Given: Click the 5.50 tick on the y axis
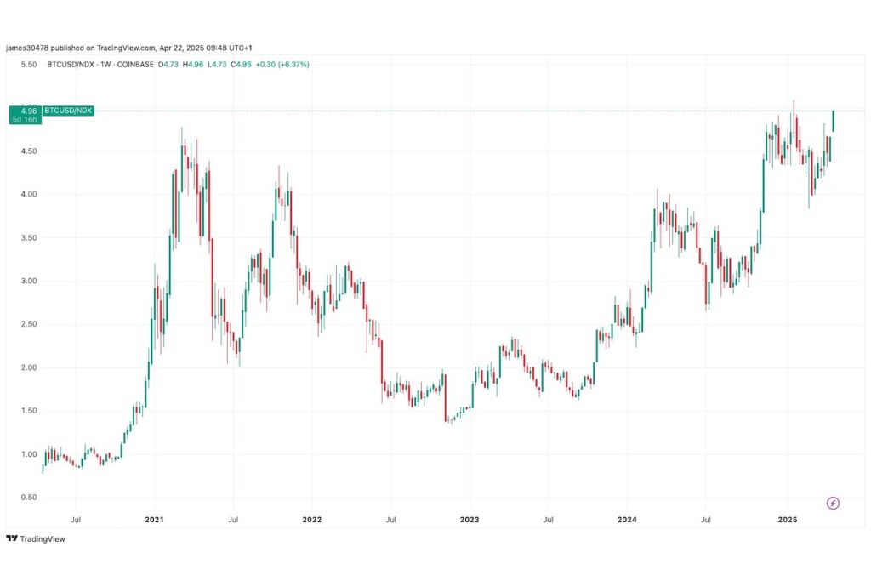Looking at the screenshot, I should (27, 65).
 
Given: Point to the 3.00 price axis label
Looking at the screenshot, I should (27, 281).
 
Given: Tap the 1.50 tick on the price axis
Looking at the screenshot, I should (27, 411).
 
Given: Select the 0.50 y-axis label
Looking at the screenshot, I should (27, 498).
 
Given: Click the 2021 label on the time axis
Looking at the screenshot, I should (154, 518).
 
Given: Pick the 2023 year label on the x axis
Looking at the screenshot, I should (470, 518).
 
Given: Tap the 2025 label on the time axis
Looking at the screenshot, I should (787, 518).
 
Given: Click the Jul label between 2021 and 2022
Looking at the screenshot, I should (233, 518).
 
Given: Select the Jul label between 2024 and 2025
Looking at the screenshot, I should (706, 518).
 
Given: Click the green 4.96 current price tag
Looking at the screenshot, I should (28, 111).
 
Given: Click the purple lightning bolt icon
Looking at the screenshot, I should (833, 503).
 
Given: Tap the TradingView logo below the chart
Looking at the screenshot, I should (35, 538).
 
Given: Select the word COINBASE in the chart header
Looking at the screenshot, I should (132, 65).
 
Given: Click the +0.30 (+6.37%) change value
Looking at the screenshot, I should (282, 65).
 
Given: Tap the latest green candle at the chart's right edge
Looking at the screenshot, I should (833, 122).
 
